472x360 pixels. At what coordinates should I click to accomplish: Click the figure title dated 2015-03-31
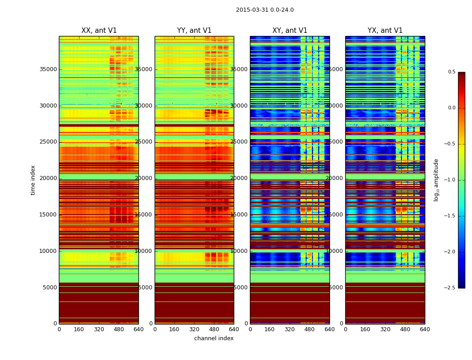pyautogui.click(x=265, y=10)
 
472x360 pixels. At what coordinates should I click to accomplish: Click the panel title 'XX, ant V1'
pyautogui.click(x=99, y=31)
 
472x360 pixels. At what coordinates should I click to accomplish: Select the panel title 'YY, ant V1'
pyautogui.click(x=194, y=31)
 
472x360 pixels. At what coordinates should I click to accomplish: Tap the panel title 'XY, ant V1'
pyautogui.click(x=290, y=31)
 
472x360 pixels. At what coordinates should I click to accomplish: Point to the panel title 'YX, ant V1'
pyautogui.click(x=385, y=31)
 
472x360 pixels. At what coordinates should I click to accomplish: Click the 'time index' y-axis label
pyautogui.click(x=33, y=180)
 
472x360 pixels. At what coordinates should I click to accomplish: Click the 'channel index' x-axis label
pyautogui.click(x=214, y=338)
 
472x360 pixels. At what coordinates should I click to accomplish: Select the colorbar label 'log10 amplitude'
pyautogui.click(x=436, y=180)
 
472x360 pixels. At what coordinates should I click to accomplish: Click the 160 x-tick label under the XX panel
pyautogui.click(x=79, y=329)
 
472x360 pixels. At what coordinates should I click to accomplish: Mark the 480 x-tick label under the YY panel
pyautogui.click(x=214, y=329)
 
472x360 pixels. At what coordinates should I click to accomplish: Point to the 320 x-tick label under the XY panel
pyautogui.click(x=289, y=329)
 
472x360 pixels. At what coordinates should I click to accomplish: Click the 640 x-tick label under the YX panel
pyautogui.click(x=425, y=329)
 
